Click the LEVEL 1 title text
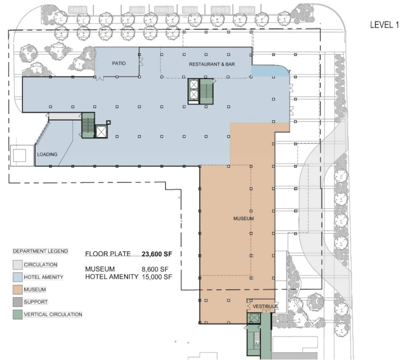[x=384, y=24]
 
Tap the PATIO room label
[x=119, y=63]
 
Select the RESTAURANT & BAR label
[x=212, y=64]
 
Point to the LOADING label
[x=47, y=154]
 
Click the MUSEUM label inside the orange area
[x=244, y=219]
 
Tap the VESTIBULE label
[x=265, y=306]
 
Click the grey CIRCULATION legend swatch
[x=17, y=265]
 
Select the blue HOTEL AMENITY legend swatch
[x=17, y=277]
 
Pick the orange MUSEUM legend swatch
[x=17, y=289]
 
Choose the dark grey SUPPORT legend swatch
[x=17, y=302]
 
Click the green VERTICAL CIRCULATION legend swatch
[x=17, y=314]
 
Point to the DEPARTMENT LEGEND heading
[x=41, y=251]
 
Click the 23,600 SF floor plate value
[x=157, y=254]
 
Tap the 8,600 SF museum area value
[x=155, y=269]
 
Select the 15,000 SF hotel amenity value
[x=157, y=277]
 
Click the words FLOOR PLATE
[x=108, y=254]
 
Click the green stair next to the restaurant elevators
[x=206, y=92]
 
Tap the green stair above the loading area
[x=88, y=125]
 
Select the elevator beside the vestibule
[x=254, y=318]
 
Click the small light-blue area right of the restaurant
[x=271, y=71]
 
